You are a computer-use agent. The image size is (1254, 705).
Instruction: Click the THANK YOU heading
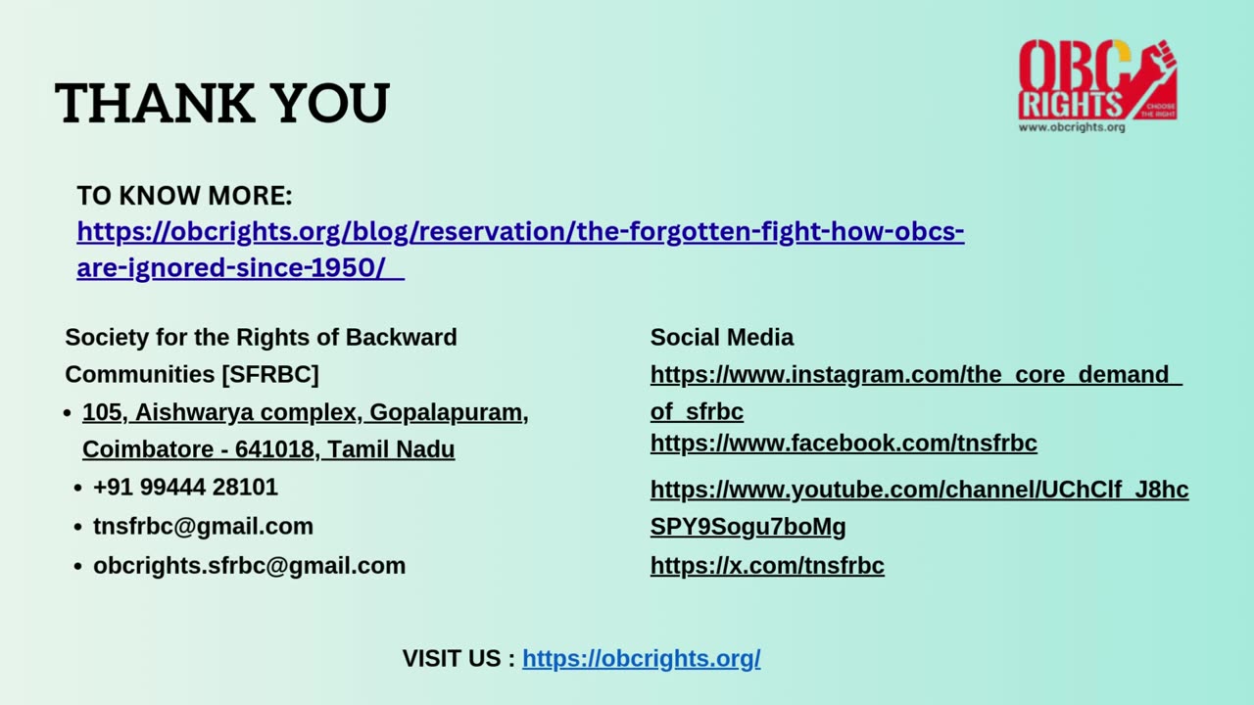[x=222, y=103]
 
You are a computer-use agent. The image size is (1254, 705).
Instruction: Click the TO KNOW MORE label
[x=184, y=196]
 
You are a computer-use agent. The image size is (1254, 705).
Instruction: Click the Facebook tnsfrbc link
[x=844, y=443]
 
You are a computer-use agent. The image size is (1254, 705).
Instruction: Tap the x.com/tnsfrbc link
[x=767, y=566]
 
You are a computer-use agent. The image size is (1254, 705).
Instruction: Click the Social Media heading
[x=722, y=337]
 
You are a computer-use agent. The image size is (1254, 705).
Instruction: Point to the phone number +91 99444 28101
[x=185, y=487]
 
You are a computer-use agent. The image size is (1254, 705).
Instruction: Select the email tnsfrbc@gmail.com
[x=203, y=526]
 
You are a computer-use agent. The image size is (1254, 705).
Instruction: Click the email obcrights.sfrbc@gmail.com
[x=249, y=565]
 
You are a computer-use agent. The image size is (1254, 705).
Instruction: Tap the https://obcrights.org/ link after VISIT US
[x=641, y=659]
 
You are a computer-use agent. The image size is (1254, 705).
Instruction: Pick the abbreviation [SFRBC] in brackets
[x=270, y=374]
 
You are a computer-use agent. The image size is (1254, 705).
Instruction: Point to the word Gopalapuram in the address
[x=446, y=412]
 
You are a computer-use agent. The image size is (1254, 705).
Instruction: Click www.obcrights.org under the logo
[x=1072, y=127]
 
